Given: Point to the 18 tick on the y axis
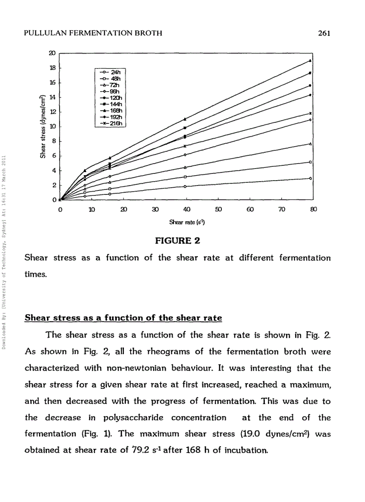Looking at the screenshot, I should click(x=52, y=67).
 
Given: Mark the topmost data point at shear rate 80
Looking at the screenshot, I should click(x=310, y=60).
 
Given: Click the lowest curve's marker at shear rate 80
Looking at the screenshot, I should click(x=310, y=178).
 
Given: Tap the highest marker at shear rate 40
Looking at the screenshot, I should click(x=185, y=119).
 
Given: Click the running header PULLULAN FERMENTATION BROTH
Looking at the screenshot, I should click(x=93, y=33).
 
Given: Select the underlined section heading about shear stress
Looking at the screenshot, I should click(x=123, y=318).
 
